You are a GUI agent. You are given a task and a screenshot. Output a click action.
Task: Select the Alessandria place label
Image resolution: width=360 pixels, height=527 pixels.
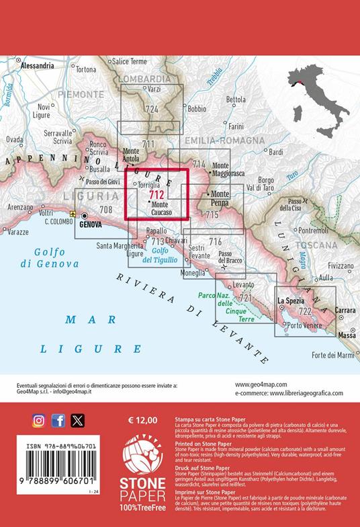tap(38, 66)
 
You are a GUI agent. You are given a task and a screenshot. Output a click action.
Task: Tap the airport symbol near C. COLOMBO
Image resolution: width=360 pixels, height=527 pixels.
tap(73, 214)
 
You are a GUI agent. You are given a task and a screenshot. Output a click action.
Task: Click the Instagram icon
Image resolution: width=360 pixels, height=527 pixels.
tap(39, 421)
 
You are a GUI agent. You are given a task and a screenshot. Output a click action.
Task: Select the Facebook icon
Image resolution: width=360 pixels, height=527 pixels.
tap(58, 421)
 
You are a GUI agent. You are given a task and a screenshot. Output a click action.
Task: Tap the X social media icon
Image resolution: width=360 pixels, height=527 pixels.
tap(78, 421)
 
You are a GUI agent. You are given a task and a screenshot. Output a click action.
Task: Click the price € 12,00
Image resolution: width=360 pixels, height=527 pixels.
tap(142, 420)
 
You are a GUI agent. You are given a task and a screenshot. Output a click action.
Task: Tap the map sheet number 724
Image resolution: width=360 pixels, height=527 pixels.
tap(151, 109)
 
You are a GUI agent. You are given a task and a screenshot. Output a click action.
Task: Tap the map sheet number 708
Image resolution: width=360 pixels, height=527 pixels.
tap(105, 210)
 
